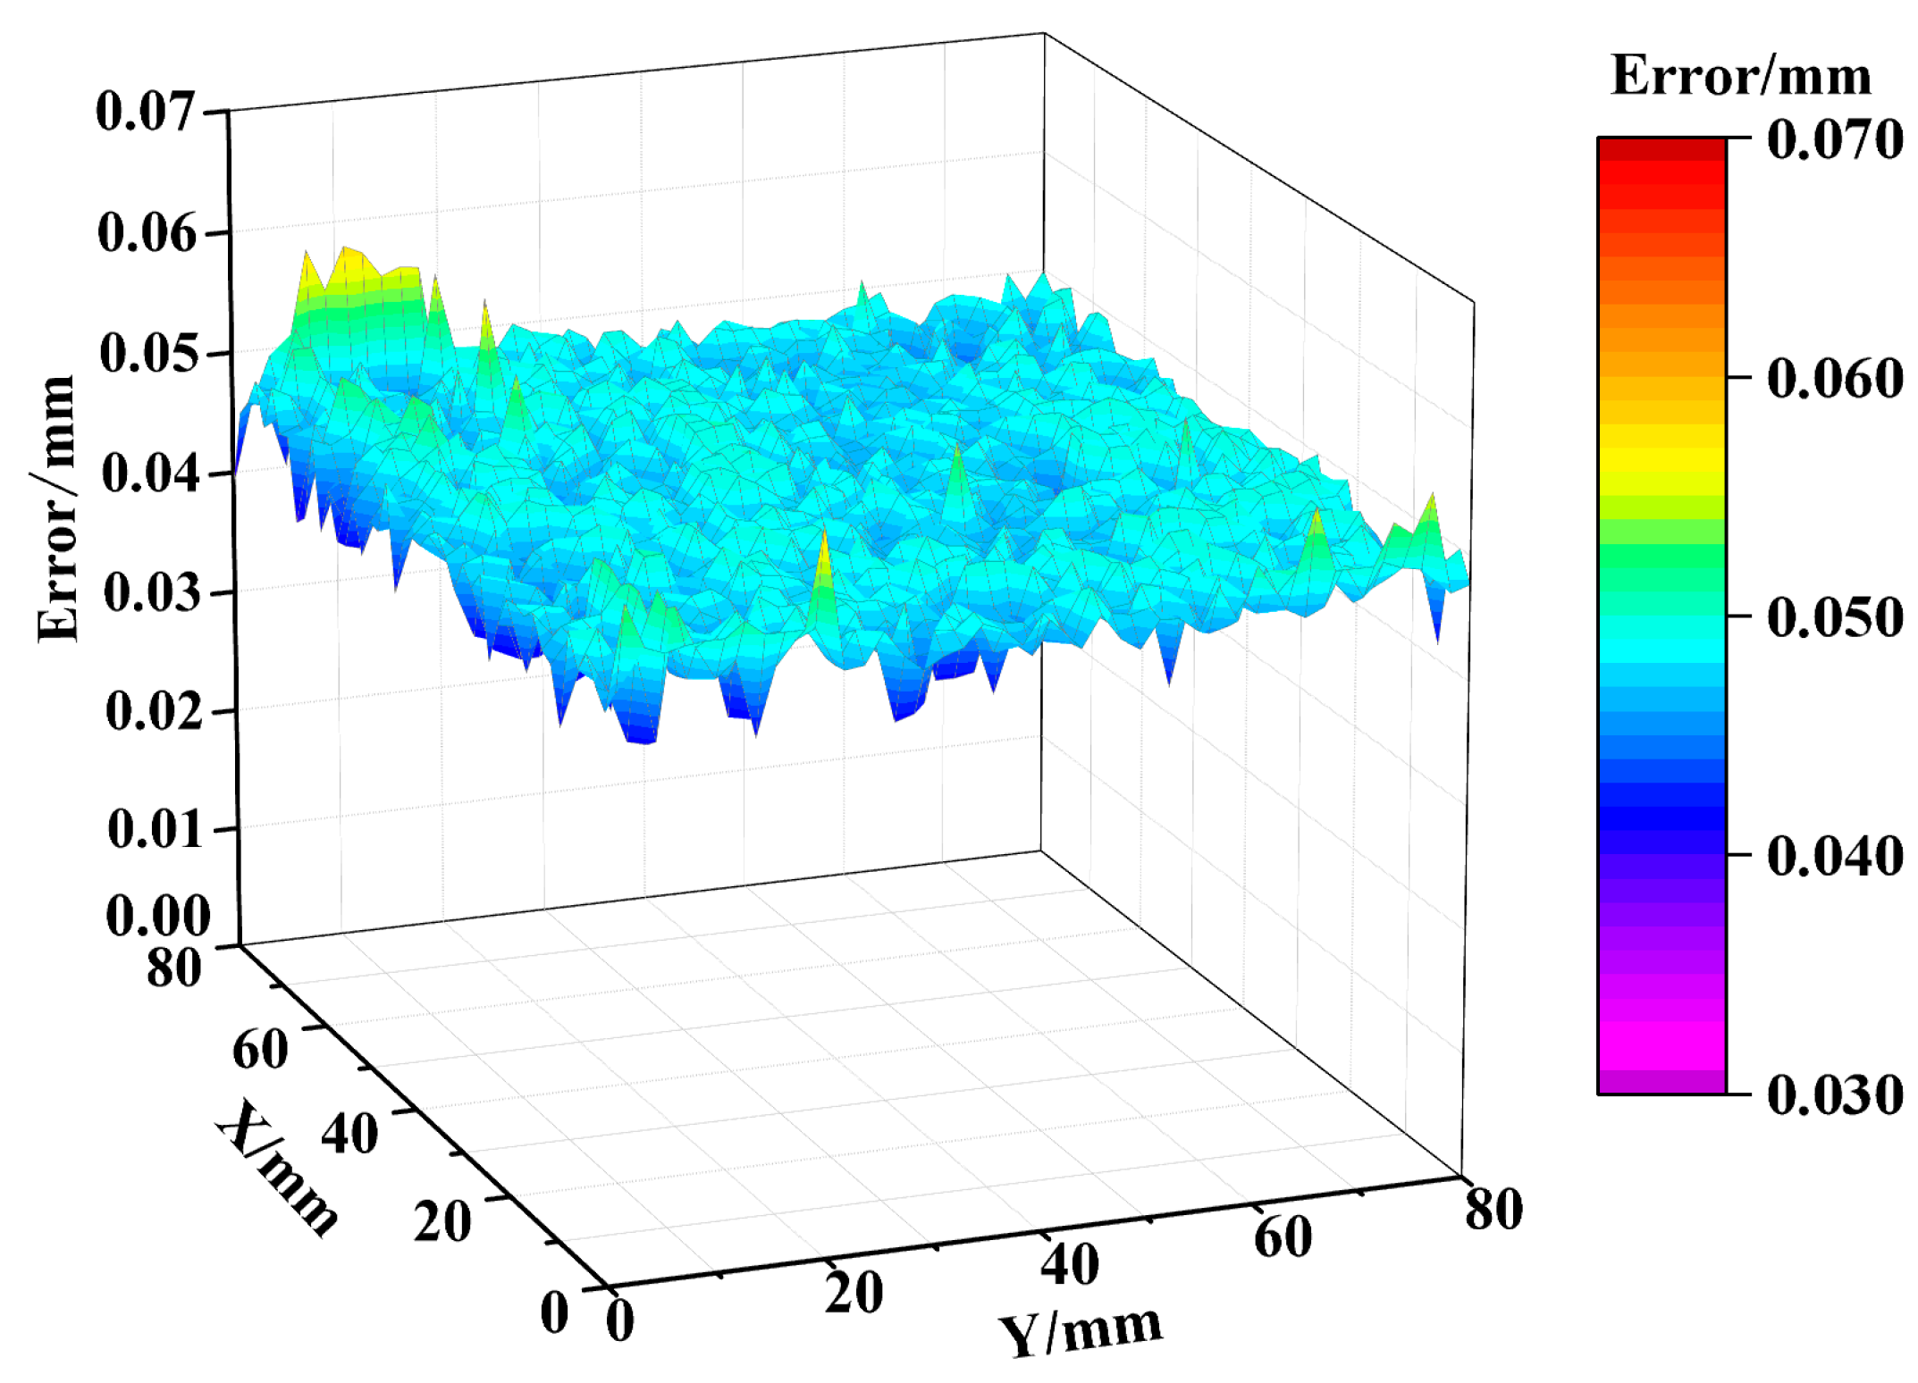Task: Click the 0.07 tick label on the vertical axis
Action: tap(145, 113)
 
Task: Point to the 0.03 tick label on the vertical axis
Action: tap(151, 592)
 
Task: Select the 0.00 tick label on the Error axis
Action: tap(157, 916)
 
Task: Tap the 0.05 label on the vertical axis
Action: tap(147, 353)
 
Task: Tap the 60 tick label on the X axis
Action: tap(260, 1049)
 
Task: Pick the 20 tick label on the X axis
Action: tap(442, 1222)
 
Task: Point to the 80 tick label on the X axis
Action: tap(173, 968)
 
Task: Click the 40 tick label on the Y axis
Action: tap(1069, 1265)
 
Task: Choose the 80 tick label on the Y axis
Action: tap(1493, 1210)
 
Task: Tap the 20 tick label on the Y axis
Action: tap(854, 1293)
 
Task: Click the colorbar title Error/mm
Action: tap(1740, 76)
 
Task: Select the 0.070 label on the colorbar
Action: tap(1835, 140)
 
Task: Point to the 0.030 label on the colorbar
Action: tap(1835, 1094)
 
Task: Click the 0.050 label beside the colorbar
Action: tap(1835, 617)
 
